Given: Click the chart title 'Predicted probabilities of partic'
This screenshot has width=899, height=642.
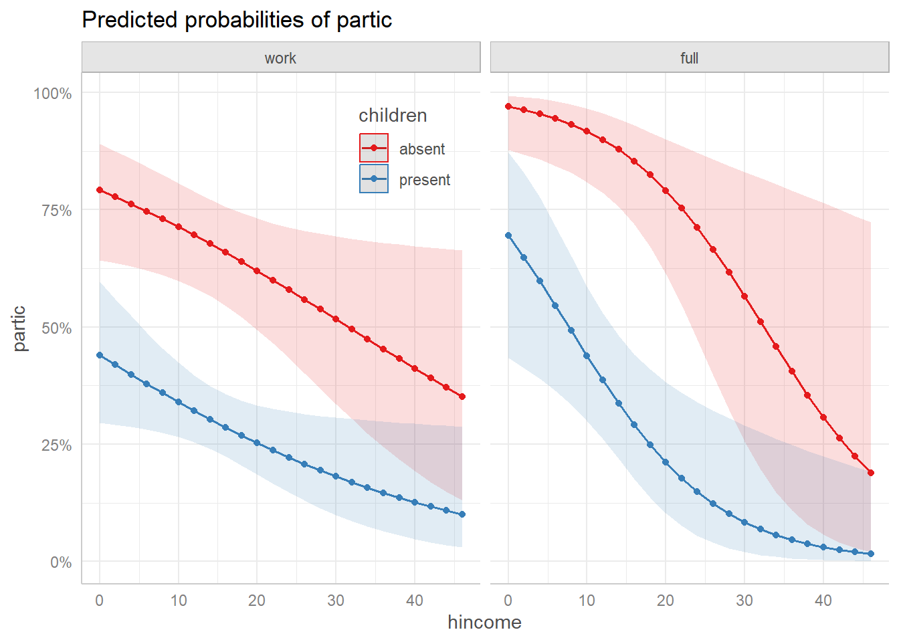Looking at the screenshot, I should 237,20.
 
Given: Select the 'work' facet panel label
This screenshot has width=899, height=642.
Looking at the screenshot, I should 280,58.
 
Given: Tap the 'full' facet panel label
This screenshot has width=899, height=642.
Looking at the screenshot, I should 689,58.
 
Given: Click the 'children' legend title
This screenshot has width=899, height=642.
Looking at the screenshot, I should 393,116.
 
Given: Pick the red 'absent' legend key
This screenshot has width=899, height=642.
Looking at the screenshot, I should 374,148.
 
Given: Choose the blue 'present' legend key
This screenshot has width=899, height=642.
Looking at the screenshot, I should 374,179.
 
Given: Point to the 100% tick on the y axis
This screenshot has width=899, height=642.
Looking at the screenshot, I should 53,94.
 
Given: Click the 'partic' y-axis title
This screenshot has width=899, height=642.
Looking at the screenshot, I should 19,328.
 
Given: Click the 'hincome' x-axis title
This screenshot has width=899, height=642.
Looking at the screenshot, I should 484,623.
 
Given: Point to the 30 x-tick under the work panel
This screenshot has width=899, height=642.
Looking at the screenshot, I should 336,601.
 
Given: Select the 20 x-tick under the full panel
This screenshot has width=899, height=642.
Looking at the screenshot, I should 666,601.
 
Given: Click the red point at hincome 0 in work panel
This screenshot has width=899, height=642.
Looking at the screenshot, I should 100,190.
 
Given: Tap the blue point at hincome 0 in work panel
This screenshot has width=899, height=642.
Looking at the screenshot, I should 100,355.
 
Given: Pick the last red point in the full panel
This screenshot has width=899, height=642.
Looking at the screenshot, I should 871,473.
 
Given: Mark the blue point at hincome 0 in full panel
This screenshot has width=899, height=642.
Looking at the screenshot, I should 508,235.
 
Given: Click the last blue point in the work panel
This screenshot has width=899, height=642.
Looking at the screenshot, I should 462,514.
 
